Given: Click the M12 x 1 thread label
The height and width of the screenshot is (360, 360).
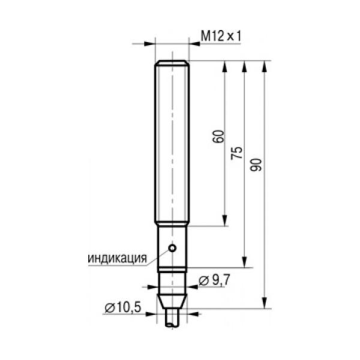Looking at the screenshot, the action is tap(221, 37).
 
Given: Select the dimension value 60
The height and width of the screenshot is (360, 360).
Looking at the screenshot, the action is tap(218, 137).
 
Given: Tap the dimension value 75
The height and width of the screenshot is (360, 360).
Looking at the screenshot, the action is tap(237, 153).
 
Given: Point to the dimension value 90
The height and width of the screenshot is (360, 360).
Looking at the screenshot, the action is tap(256, 165).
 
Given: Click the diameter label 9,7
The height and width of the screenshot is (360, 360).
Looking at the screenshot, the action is tap(214, 280).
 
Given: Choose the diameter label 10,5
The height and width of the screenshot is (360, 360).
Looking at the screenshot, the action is tap(123, 307).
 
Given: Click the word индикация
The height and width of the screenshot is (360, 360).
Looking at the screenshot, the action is tap(118, 258).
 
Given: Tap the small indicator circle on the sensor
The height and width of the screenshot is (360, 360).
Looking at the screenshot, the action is tap(172, 248).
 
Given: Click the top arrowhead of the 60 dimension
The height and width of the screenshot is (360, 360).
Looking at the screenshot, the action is tap(224, 66).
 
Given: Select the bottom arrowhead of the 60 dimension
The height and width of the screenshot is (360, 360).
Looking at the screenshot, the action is tap(224, 221).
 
